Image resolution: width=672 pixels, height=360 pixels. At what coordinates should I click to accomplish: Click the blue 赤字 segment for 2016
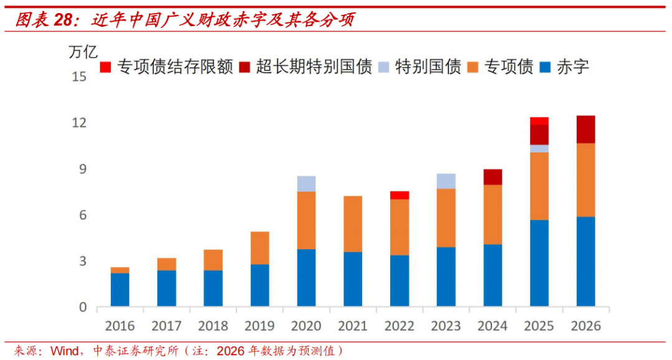pyautogui.click(x=120, y=290)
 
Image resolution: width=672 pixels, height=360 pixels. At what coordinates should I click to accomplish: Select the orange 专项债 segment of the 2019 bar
pyautogui.click(x=260, y=248)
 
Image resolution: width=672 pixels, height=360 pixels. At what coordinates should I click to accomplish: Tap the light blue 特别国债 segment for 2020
pyautogui.click(x=306, y=183)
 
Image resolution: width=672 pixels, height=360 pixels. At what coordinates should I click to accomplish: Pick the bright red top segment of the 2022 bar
pyautogui.click(x=399, y=195)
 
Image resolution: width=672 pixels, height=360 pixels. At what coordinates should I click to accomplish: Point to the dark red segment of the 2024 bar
pyautogui.click(x=493, y=177)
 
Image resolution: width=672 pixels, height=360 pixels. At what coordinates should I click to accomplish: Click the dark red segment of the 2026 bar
pyautogui.click(x=586, y=129)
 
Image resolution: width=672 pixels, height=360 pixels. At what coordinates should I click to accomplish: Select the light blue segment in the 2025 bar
pyautogui.click(x=539, y=149)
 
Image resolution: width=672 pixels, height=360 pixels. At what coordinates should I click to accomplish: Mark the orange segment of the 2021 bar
pyautogui.click(x=353, y=224)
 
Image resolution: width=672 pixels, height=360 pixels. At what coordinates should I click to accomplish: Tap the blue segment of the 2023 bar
pyautogui.click(x=446, y=277)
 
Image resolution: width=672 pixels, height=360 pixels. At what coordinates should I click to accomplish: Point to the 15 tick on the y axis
pyautogui.click(x=79, y=77)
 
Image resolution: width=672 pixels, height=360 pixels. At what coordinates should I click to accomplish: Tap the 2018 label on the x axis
pyautogui.click(x=213, y=325)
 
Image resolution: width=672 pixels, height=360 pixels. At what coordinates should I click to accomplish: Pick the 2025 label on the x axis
pyautogui.click(x=539, y=325)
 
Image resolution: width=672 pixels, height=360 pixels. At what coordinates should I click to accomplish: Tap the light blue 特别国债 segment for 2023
pyautogui.click(x=446, y=181)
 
